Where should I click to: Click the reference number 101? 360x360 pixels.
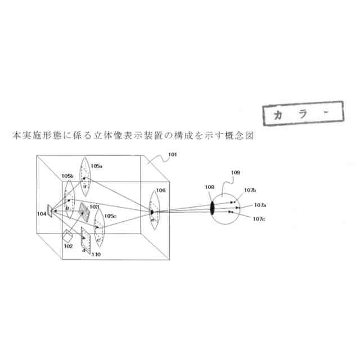tap(172, 154)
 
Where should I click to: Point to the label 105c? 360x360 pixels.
tap(111, 216)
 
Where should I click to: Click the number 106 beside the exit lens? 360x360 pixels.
tap(161, 191)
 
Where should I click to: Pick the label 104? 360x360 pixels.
tap(42, 214)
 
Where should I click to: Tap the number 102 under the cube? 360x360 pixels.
tap(68, 246)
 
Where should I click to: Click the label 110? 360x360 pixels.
tap(96, 254)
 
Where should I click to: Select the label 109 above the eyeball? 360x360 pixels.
tap(235, 172)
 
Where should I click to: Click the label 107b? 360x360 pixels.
tap(250, 191)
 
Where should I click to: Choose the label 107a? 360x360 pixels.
tap(260, 205)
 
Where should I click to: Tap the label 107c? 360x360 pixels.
tap(259, 219)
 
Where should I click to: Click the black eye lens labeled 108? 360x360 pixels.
tap(213, 206)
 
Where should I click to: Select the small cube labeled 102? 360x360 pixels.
tap(67, 234)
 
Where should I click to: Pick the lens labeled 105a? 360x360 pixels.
tap(85, 174)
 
